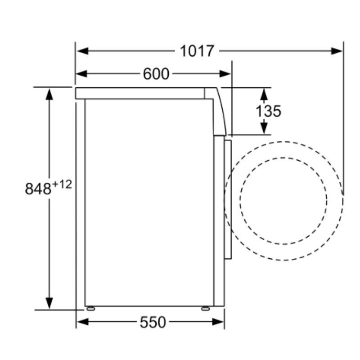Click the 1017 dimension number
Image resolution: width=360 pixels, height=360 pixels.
tap(197, 51)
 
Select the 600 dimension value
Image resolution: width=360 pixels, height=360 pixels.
tap(156, 74)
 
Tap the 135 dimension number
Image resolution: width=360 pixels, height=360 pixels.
tap(268, 111)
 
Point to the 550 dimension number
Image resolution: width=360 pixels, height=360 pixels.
tap(153, 322)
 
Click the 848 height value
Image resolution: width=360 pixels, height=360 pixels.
tap(38, 189)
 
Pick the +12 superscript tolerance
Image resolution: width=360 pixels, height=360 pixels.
tap(62, 184)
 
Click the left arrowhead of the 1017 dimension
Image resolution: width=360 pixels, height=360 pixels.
tap(82, 51)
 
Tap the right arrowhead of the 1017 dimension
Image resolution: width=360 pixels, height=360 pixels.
tap(337, 51)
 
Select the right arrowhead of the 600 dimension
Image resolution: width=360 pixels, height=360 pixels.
tap(225, 74)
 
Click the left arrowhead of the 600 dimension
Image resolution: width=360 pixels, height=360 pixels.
tap(81, 74)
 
